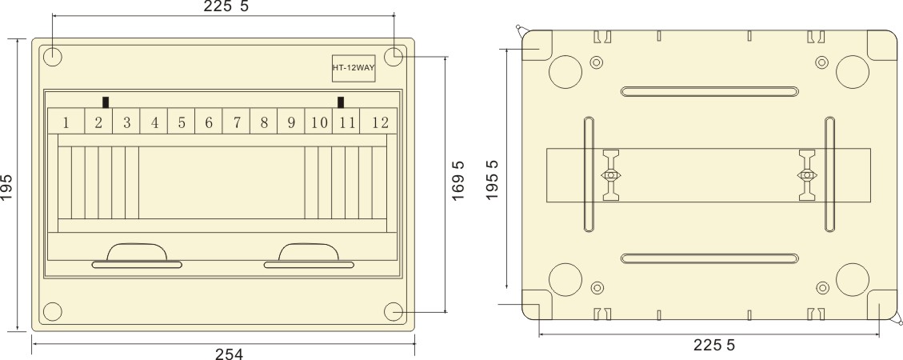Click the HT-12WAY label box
(x=354, y=67)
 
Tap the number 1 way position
(x=66, y=122)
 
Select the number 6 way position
(x=208, y=122)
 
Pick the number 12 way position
(x=380, y=122)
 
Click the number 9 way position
(x=291, y=122)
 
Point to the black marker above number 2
(x=106, y=102)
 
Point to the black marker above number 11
(x=342, y=102)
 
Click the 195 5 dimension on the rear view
(x=493, y=178)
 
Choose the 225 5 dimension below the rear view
(x=710, y=346)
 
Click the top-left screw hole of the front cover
(x=52, y=57)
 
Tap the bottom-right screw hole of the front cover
(x=394, y=310)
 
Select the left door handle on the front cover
(x=138, y=254)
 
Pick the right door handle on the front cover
(x=309, y=254)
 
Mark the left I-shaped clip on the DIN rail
(x=611, y=175)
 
